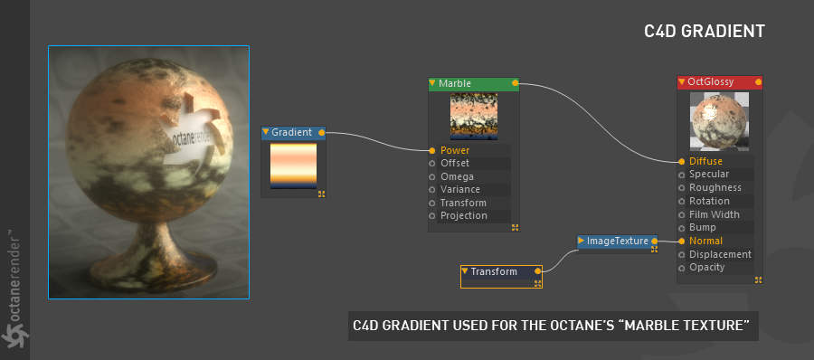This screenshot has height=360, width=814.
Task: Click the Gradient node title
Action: pyautogui.click(x=291, y=132)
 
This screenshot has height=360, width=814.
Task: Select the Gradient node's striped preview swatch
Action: pyautogui.click(x=293, y=166)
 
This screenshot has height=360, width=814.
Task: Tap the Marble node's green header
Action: pyautogui.click(x=473, y=83)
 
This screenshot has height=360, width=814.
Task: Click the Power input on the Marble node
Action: pyautogui.click(x=455, y=151)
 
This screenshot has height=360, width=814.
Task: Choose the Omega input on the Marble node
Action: pyautogui.click(x=457, y=176)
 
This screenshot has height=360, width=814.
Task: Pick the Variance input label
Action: pyautogui.click(x=460, y=190)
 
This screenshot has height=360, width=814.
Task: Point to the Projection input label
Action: pyautogui.click(x=464, y=215)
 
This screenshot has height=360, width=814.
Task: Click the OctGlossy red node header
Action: pyautogui.click(x=720, y=82)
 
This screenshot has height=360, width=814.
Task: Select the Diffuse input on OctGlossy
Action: pyautogui.click(x=705, y=162)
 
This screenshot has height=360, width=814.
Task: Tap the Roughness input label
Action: pyautogui.click(x=715, y=187)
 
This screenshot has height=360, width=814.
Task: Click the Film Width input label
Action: pyautogui.click(x=715, y=214)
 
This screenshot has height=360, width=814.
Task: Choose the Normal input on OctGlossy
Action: pyautogui.click(x=705, y=241)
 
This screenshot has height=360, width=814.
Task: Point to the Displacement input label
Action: pyautogui.click(x=720, y=254)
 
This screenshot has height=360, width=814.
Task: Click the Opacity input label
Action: pyautogui.click(x=706, y=268)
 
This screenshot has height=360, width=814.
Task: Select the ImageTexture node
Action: pyautogui.click(x=617, y=241)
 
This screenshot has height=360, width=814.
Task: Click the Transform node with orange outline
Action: pyautogui.click(x=501, y=277)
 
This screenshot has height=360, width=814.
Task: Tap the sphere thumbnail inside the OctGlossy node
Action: pyautogui.click(x=719, y=121)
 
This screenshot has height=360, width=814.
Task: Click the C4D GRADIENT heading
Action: pyautogui.click(x=705, y=31)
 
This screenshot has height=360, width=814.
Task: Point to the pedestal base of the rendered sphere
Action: pyautogui.click(x=152, y=260)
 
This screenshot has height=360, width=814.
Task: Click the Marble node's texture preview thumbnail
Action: pyautogui.click(x=473, y=117)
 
